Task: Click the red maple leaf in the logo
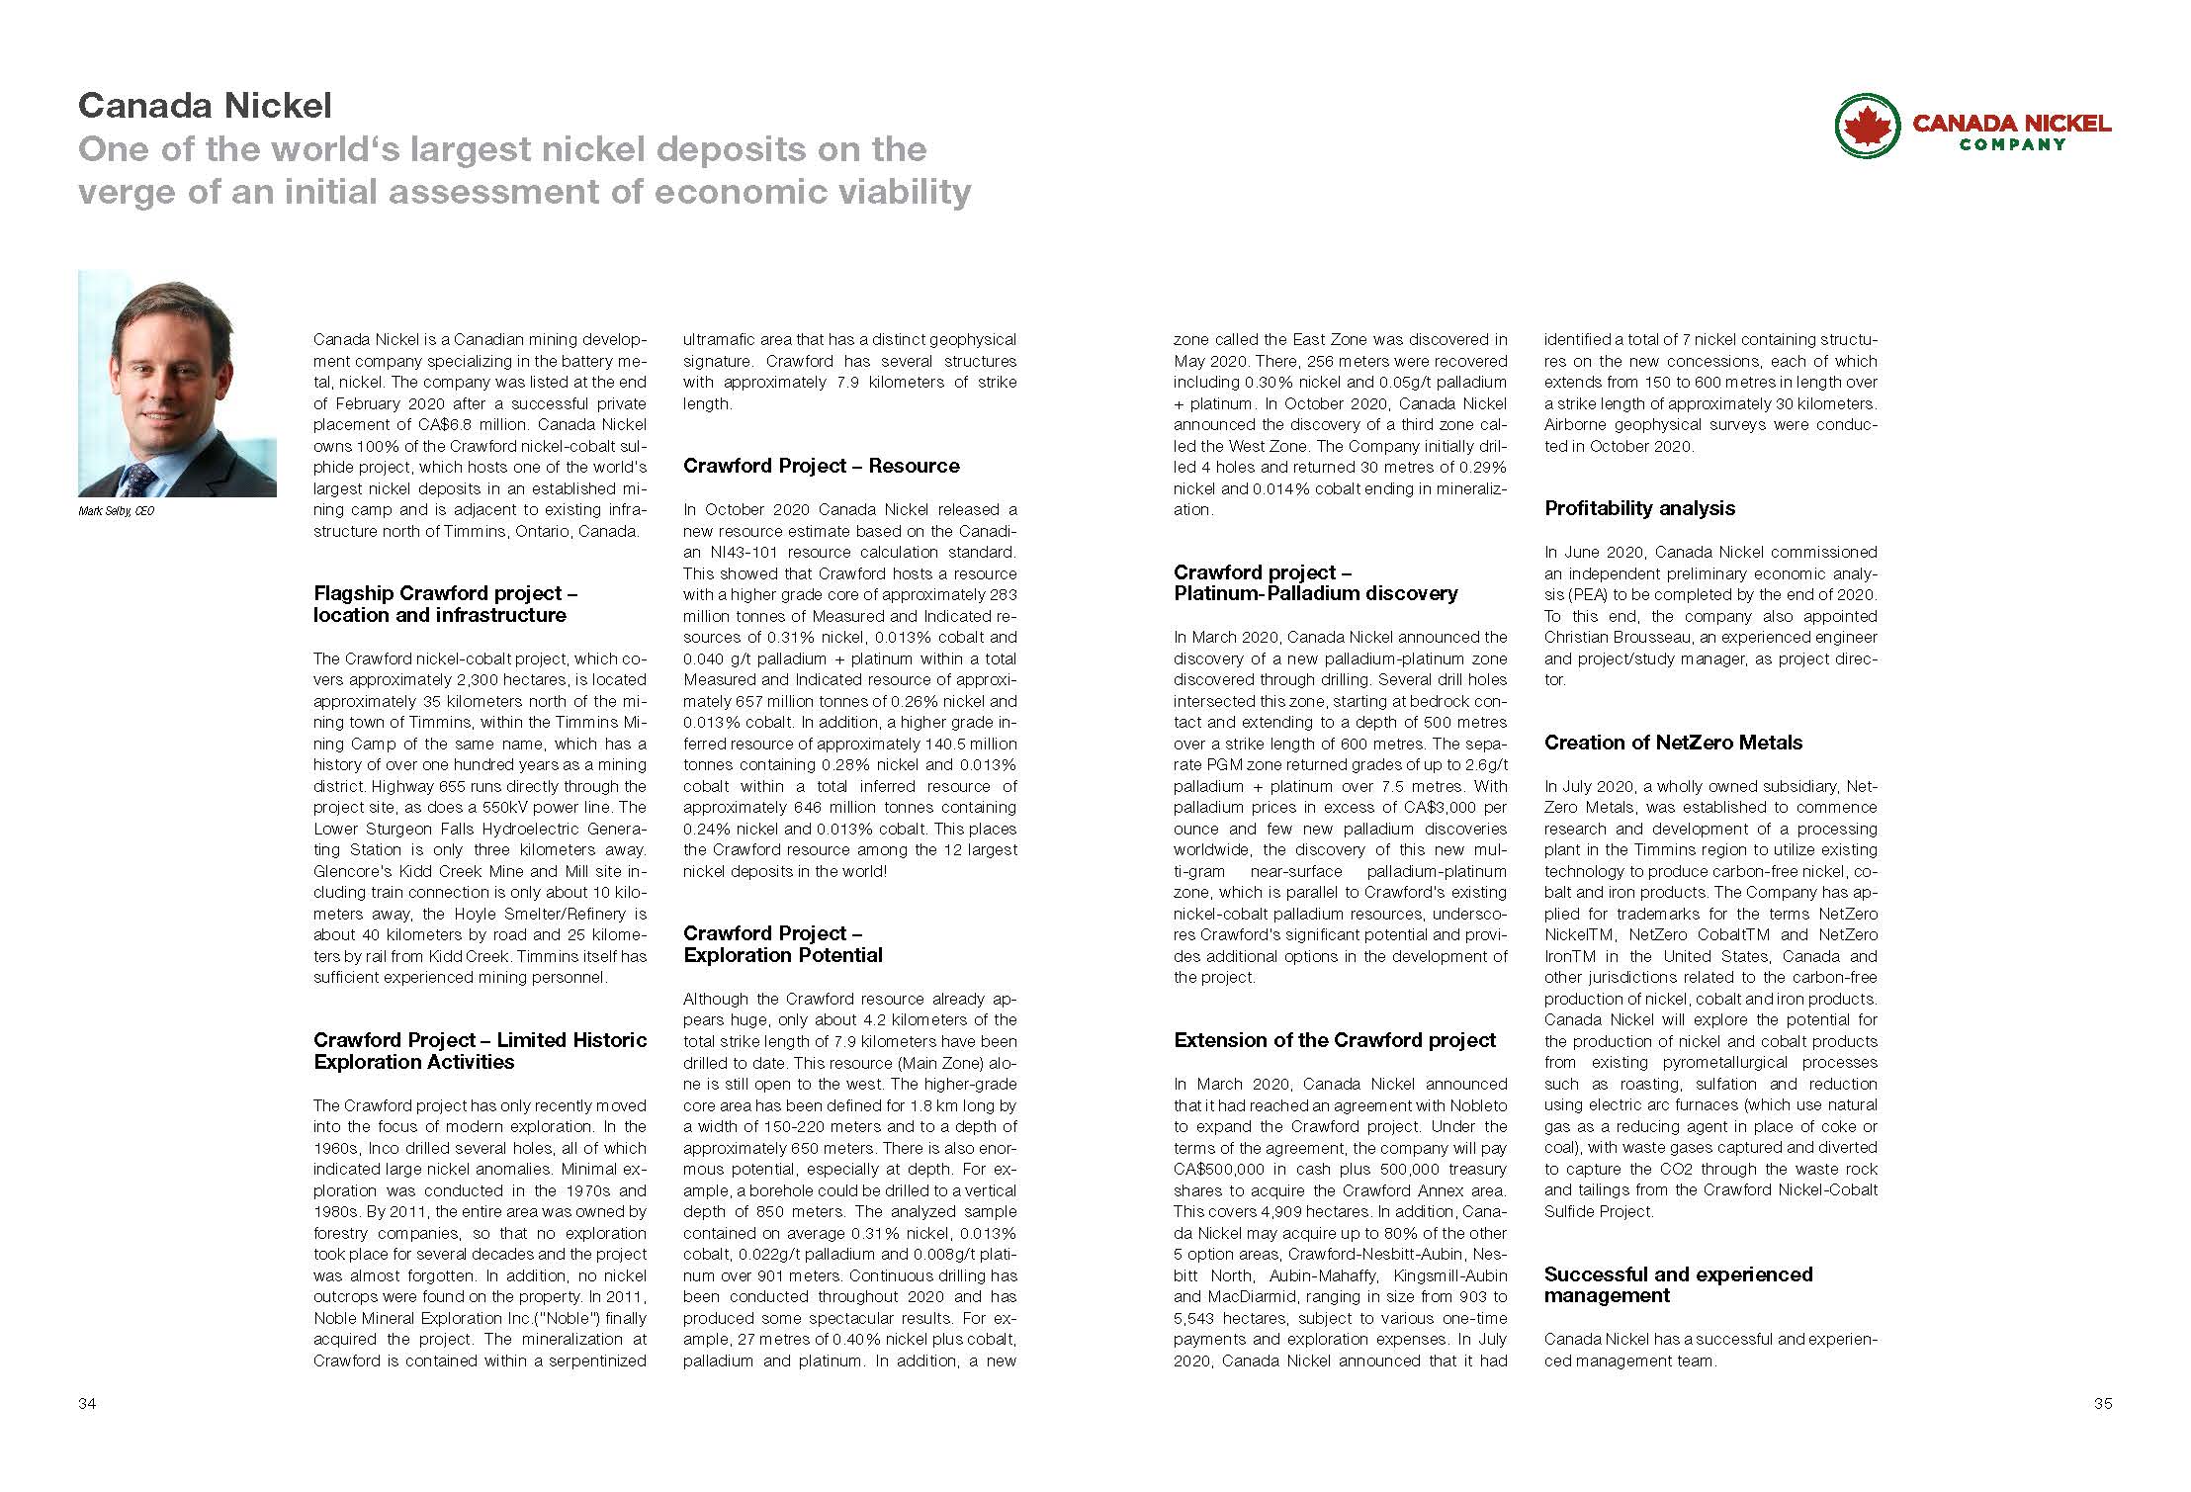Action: pos(1868,125)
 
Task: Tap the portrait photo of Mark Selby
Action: pos(177,384)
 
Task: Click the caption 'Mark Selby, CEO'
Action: pos(116,512)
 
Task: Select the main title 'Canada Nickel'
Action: pos(205,106)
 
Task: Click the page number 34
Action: pos(87,1404)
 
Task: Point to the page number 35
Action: pos(2102,1404)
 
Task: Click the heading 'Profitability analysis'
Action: pos(1639,508)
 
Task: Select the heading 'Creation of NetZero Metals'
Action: pos(1673,743)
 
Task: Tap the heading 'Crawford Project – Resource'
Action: pos(821,466)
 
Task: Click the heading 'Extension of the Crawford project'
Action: pos(1335,1040)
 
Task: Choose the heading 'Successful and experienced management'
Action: pos(1678,1284)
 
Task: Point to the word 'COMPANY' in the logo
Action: pos(2012,144)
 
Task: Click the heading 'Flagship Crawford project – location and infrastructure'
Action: pos(445,604)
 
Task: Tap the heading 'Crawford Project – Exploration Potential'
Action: pos(782,944)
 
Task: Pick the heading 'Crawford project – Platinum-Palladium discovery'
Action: pos(1315,582)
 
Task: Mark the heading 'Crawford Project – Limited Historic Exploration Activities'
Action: pos(480,1051)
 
